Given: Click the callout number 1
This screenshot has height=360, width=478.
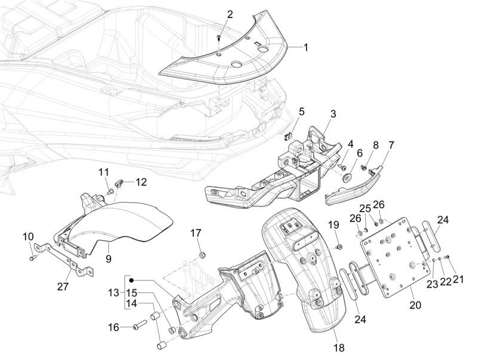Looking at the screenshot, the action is pyautogui.click(x=305, y=48).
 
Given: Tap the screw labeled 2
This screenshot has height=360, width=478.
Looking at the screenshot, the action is pyautogui.click(x=219, y=38).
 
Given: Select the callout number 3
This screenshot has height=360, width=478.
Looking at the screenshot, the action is pyautogui.click(x=333, y=114).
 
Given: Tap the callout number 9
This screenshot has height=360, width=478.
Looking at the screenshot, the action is pyautogui.click(x=109, y=259).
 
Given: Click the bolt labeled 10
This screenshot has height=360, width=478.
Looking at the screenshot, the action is pyautogui.click(x=32, y=258).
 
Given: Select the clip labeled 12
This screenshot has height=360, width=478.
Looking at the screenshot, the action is pyautogui.click(x=118, y=184).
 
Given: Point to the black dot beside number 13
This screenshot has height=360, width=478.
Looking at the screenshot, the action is pyautogui.click(x=131, y=280).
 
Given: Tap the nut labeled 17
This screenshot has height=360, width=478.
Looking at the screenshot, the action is pyautogui.click(x=202, y=254).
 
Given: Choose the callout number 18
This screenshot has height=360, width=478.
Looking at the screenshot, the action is pyautogui.click(x=339, y=347).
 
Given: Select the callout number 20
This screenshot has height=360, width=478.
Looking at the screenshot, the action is pyautogui.click(x=415, y=305).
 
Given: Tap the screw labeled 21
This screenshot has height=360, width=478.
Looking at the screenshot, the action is pyautogui.click(x=448, y=257).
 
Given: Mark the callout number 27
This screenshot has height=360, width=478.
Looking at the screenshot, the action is pyautogui.click(x=63, y=287).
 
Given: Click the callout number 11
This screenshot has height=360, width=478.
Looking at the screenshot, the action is pyautogui.click(x=103, y=172).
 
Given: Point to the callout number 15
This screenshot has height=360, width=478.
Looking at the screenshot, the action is pyautogui.click(x=132, y=293).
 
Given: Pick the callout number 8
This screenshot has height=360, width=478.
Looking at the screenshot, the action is pyautogui.click(x=375, y=145).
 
